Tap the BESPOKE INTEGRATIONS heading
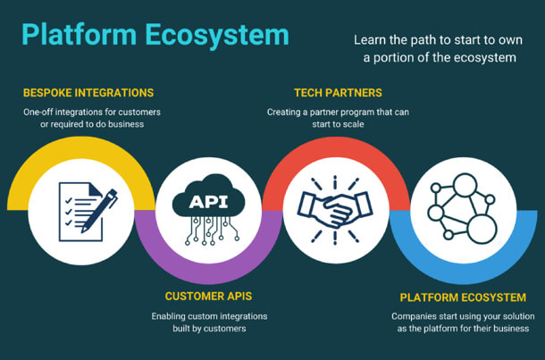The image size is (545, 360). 88,93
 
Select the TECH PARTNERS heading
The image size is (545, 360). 338,93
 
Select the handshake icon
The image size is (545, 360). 336,211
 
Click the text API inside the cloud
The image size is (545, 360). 209,201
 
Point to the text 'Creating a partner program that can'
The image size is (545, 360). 338,112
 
